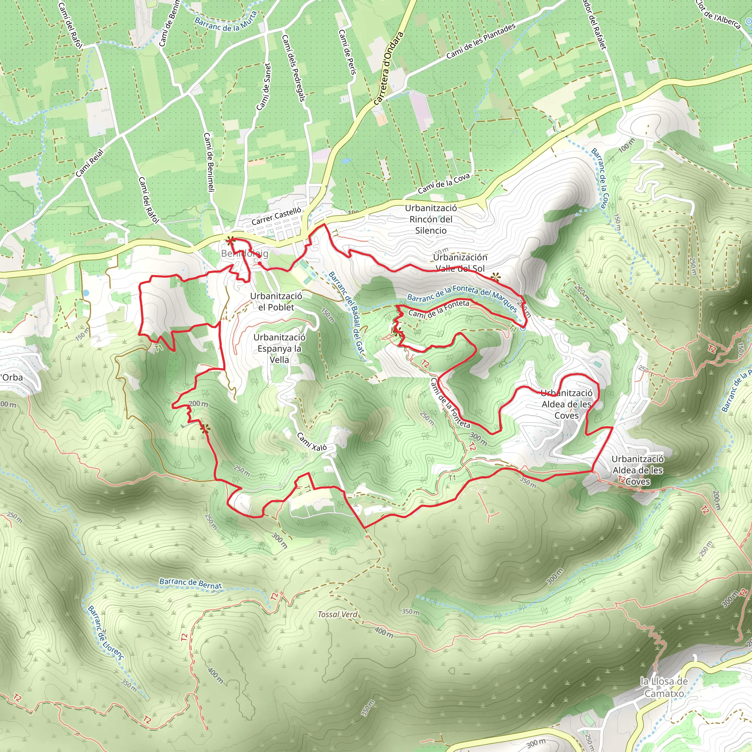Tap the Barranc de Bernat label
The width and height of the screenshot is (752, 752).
pyautogui.click(x=191, y=583)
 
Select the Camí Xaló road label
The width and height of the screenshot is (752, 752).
pyautogui.click(x=312, y=442)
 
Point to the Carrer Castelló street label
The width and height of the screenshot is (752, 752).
pyautogui.click(x=276, y=216)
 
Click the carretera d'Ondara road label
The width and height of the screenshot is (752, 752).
pyautogui.click(x=388, y=69)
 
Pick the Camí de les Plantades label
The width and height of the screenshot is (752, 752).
pyautogui.click(x=481, y=41)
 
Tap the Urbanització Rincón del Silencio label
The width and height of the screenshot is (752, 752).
pyautogui.click(x=431, y=219)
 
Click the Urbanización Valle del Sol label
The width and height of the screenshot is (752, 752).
pyautogui.click(x=460, y=263)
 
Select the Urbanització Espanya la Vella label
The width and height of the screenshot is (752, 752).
pyautogui.click(x=279, y=348)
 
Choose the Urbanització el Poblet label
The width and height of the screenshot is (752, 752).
pyautogui.click(x=276, y=302)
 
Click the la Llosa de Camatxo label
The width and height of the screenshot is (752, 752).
pyautogui.click(x=664, y=687)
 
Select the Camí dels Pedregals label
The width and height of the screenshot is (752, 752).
pyautogui.click(x=293, y=68)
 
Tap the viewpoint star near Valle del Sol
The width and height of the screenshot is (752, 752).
pyautogui.click(x=495, y=277)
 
